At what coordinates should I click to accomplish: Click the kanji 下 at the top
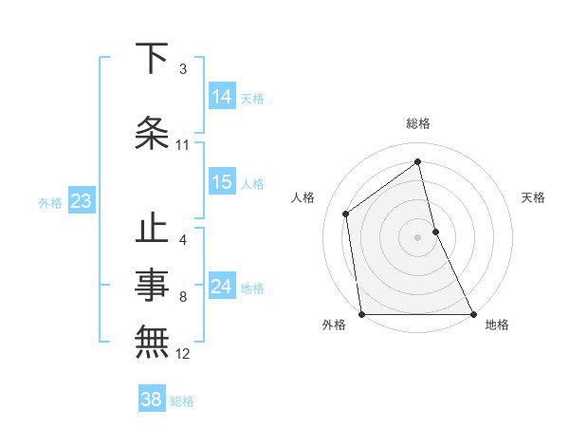(153, 59)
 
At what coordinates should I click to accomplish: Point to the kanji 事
(153, 282)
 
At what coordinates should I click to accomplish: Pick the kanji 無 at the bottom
(153, 340)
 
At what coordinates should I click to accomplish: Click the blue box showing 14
(222, 97)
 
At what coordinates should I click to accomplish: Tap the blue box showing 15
(222, 183)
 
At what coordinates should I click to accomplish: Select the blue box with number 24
(222, 288)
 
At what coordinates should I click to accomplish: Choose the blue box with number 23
(81, 201)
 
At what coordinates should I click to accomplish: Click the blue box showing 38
(152, 400)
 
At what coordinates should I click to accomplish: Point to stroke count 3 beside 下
(183, 69)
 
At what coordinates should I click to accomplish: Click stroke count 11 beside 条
(183, 145)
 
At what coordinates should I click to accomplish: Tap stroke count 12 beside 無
(183, 354)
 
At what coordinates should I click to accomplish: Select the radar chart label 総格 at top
(418, 123)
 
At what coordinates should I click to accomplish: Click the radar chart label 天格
(534, 197)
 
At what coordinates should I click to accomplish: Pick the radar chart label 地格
(497, 325)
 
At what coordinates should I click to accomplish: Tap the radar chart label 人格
(303, 197)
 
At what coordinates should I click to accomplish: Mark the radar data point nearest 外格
(361, 314)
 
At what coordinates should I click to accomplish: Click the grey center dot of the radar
(418, 236)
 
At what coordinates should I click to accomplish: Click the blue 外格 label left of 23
(50, 202)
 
